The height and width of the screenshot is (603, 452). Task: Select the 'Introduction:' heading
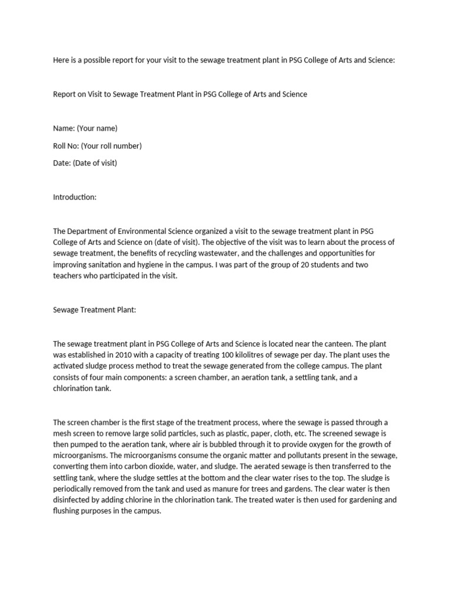pyautogui.click(x=74, y=197)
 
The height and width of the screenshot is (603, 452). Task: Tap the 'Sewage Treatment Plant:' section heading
pyautogui.click(x=94, y=309)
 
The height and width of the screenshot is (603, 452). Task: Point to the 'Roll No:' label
pyautogui.click(x=66, y=145)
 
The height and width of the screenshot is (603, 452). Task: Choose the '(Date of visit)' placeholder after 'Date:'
pyautogui.click(x=95, y=163)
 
